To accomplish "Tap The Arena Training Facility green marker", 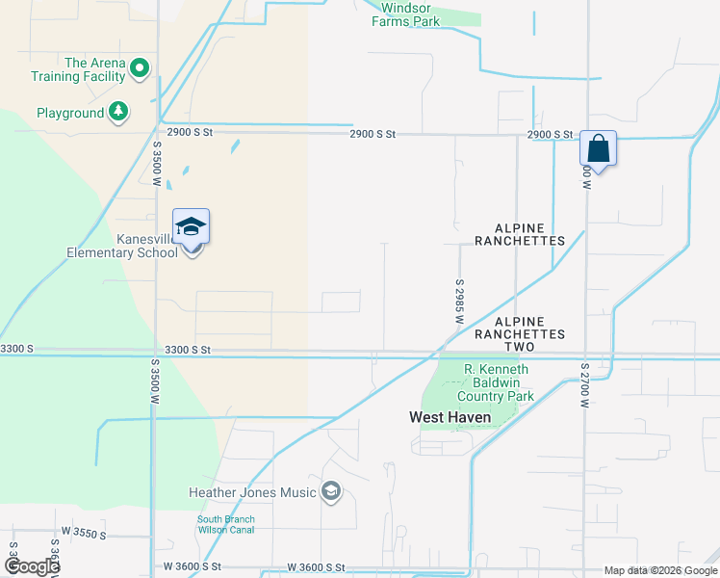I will click(140, 67).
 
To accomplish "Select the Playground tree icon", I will click(118, 113).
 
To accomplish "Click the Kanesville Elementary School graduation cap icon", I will click(191, 226).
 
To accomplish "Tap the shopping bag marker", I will click(598, 149).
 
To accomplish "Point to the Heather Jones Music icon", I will click(331, 492).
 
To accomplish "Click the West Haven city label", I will click(450, 418).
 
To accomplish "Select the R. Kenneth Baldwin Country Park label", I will click(497, 382).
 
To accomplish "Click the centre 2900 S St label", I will click(373, 134).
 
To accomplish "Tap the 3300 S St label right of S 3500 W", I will click(187, 350).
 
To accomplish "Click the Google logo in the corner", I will click(31, 566).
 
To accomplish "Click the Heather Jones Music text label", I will click(253, 493).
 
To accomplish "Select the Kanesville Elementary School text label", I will click(121, 246).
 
